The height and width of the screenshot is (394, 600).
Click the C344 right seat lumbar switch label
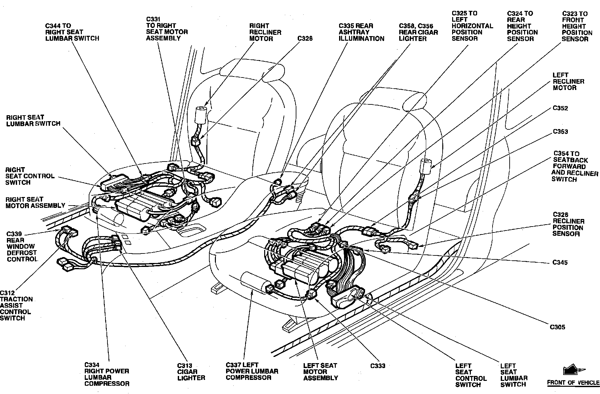[x=72, y=32]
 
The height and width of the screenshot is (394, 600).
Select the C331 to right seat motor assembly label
[x=167, y=29]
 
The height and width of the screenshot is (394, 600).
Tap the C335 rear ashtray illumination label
[x=361, y=32]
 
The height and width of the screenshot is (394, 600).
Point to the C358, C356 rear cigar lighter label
[x=418, y=32]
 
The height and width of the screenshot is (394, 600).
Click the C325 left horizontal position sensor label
[x=473, y=26]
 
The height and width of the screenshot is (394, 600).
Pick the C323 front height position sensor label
[x=577, y=26]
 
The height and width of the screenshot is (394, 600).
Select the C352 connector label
[x=560, y=108]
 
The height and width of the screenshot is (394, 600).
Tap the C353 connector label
[x=560, y=132]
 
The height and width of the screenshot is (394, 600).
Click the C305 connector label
[x=558, y=327]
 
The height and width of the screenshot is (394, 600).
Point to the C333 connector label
[x=378, y=366]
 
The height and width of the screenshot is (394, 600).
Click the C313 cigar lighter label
[x=191, y=372]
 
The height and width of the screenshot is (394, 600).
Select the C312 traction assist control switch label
[x=16, y=305]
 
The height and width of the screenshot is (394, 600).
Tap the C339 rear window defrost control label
[x=22, y=247]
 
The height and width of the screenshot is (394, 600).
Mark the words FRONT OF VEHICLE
[x=573, y=383]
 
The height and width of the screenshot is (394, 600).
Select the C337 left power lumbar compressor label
[x=252, y=371]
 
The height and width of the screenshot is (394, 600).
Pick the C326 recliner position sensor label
[x=568, y=224]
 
